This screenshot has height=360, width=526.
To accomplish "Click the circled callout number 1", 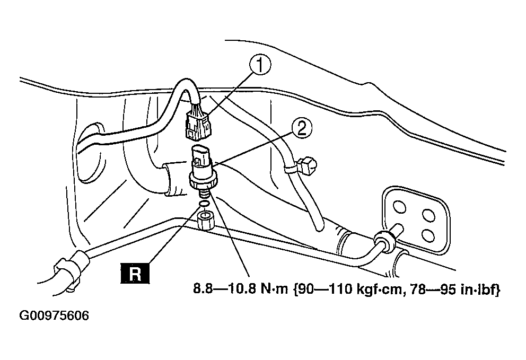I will [260, 67].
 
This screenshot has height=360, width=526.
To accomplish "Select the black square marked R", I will [135, 274].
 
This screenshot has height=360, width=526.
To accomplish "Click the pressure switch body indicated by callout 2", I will [201, 164].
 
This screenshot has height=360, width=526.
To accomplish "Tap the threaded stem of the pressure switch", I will [203, 193].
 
